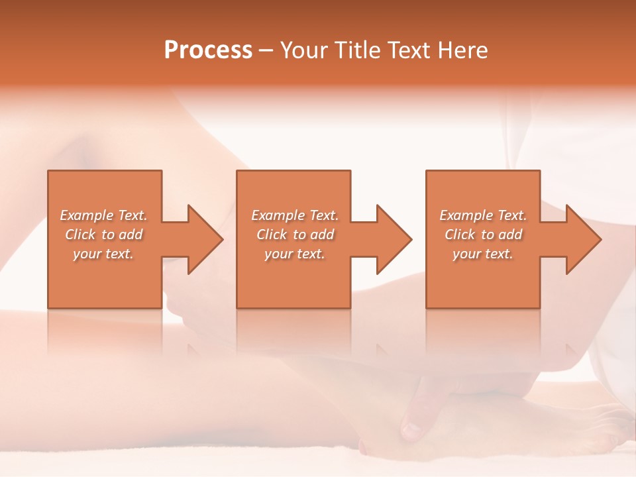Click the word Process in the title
pyautogui.click(x=208, y=50)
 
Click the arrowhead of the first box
pyautogui.click(x=205, y=239)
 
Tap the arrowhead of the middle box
pyautogui.click(x=394, y=239)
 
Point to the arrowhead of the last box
pyautogui.click(x=583, y=239)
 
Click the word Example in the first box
pyautogui.click(x=87, y=215)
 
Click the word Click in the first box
pyautogui.click(x=80, y=235)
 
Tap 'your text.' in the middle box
pyautogui.click(x=294, y=254)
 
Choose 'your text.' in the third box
pyautogui.click(x=482, y=254)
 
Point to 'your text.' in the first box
pyautogui.click(x=103, y=254)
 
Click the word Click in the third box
pyautogui.click(x=460, y=235)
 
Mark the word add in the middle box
pyautogui.click(x=322, y=235)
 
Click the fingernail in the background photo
pyautogui.click(x=411, y=431)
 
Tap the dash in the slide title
pyautogui.click(x=266, y=50)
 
